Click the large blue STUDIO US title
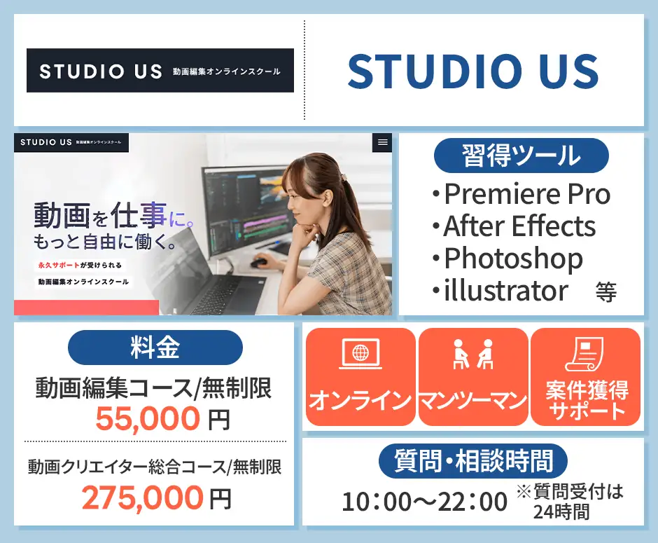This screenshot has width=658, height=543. [x=473, y=71]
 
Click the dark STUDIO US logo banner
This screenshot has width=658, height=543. [x=160, y=71]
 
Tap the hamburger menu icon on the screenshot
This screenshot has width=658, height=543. [x=382, y=142]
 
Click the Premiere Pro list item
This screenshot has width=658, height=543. [x=526, y=194]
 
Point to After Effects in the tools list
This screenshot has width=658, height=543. [x=519, y=226]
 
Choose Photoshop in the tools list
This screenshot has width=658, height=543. [x=513, y=259]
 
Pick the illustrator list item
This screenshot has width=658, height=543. [x=505, y=290]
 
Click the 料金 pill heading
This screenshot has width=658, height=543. [x=155, y=348]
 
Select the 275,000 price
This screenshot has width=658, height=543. [x=142, y=497]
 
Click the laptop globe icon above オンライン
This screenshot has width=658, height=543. [x=360, y=354]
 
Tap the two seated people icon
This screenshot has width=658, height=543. [x=472, y=354]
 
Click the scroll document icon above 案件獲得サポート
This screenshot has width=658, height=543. [x=585, y=354]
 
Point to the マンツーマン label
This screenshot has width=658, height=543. [x=472, y=401]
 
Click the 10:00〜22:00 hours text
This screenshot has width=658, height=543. [x=424, y=502]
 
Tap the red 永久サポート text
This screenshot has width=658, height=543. [x=59, y=266]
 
